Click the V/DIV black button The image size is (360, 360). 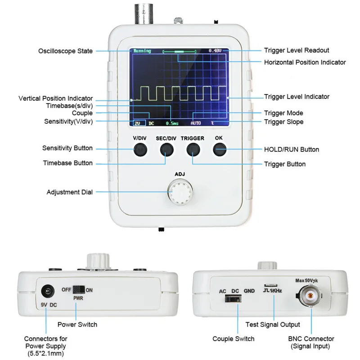[x=140, y=149]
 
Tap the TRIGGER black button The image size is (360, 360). [x=193, y=149]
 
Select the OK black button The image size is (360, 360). [x=219, y=149]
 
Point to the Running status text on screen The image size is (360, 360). [x=142, y=51]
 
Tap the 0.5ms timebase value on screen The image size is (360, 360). [x=172, y=122]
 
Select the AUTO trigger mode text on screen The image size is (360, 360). [x=196, y=122]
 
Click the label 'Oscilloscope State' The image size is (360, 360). [x=66, y=51]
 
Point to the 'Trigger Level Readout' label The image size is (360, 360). [x=296, y=50]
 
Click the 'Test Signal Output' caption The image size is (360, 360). [x=273, y=324]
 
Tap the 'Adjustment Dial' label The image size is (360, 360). [x=70, y=192]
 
